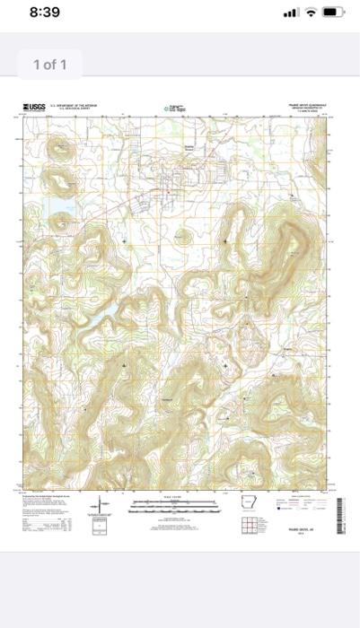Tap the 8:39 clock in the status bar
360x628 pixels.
44,13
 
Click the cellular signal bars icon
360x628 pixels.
289,13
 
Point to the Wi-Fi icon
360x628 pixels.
311,13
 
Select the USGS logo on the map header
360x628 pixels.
33,108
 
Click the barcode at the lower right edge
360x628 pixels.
340,512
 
